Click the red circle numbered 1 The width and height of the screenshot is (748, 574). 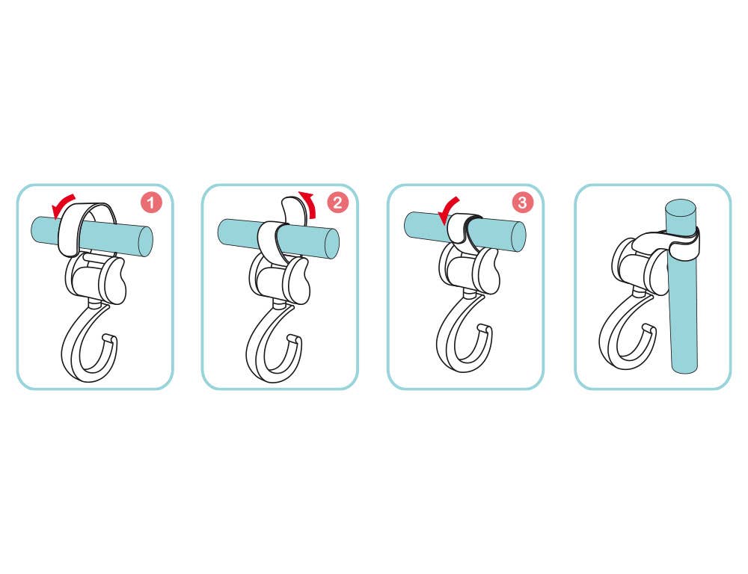[151, 203]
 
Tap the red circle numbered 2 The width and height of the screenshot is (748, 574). [337, 203]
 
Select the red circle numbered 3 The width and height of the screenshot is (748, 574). [522, 202]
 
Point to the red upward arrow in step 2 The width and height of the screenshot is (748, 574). [309, 203]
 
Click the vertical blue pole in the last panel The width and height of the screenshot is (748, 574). [683, 286]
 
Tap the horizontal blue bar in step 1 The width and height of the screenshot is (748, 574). [91, 235]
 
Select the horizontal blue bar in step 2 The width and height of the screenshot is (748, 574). [278, 238]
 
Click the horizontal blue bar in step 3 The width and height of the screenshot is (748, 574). [465, 232]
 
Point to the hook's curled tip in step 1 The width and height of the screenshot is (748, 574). [109, 339]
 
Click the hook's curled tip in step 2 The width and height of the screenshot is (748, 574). [294, 339]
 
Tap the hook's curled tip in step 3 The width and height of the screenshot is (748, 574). [484, 329]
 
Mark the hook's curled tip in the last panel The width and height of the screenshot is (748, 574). [649, 328]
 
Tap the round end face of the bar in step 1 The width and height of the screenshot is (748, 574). [144, 242]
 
